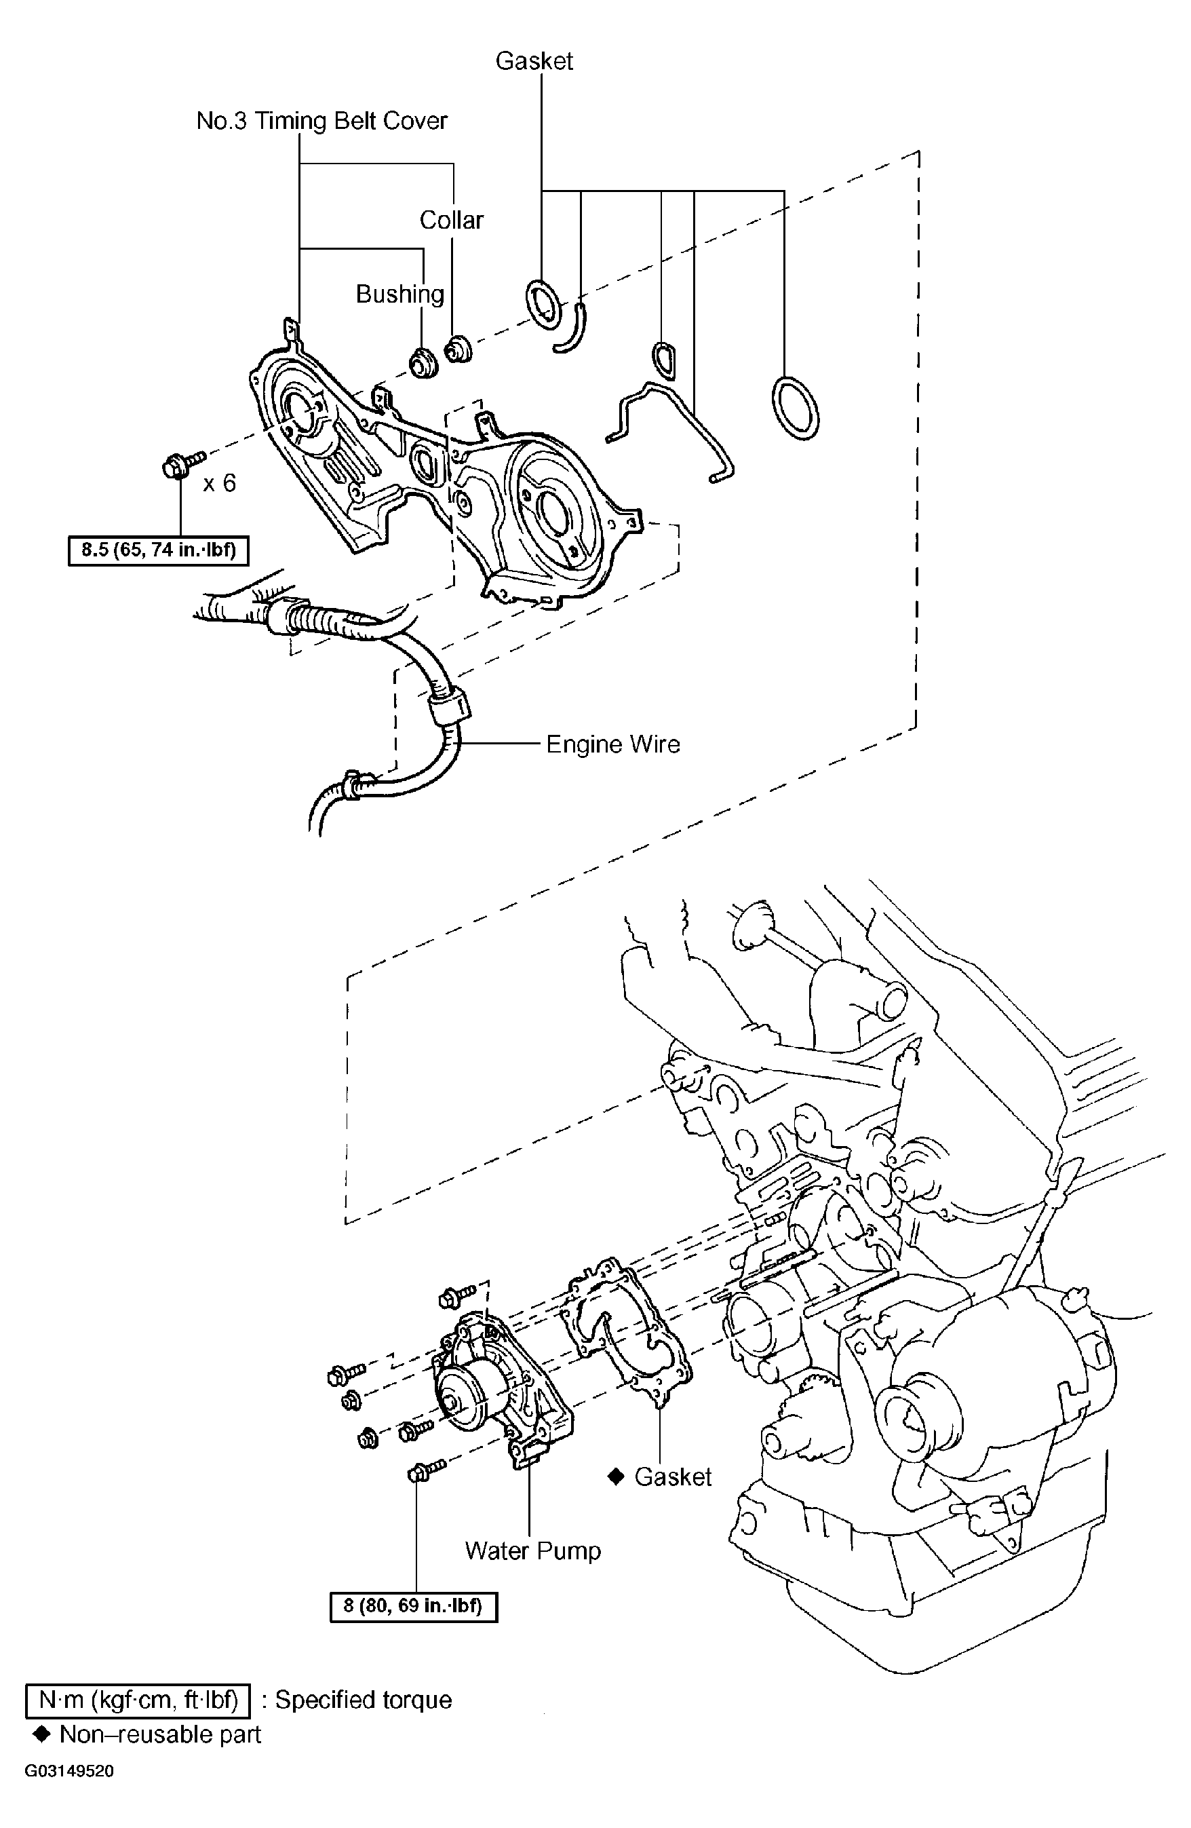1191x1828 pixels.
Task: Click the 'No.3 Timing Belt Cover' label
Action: [x=321, y=121]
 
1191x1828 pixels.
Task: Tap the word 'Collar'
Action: [x=452, y=221]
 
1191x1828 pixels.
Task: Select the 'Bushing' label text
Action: [x=400, y=294]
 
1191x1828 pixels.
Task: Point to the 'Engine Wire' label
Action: [x=612, y=744]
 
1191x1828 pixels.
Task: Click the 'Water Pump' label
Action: [x=533, y=1550]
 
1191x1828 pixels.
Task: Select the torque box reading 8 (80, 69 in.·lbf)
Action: [x=413, y=1606]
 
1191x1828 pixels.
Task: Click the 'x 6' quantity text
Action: [x=220, y=483]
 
